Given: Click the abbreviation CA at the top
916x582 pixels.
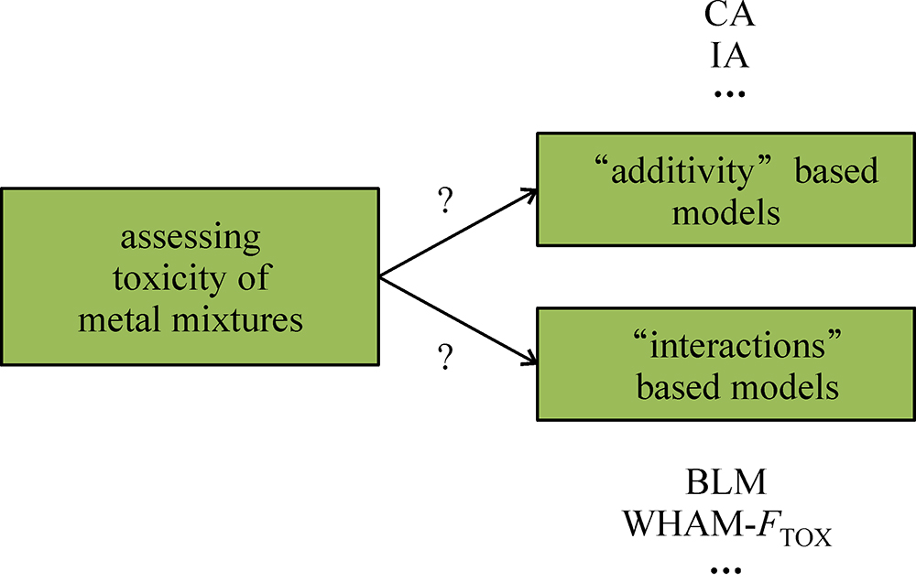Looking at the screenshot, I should [x=730, y=17].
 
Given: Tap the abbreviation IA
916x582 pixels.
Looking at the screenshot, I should [x=730, y=56].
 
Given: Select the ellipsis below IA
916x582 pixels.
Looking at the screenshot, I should [x=730, y=94].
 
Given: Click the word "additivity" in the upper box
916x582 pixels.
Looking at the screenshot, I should [x=677, y=170].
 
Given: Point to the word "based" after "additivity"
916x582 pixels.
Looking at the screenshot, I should [x=836, y=170].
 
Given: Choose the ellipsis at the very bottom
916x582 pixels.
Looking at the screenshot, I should [x=730, y=570].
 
